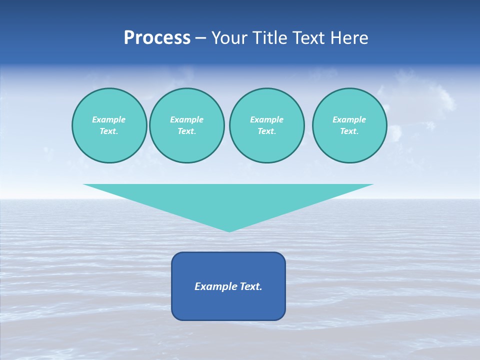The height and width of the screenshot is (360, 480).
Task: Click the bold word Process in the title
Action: (x=157, y=38)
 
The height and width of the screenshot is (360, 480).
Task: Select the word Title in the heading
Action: (x=270, y=38)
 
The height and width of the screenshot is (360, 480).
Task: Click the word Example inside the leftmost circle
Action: (x=109, y=119)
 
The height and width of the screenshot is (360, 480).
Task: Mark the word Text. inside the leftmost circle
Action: (x=109, y=131)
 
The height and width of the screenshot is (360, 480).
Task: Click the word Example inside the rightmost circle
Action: (x=349, y=119)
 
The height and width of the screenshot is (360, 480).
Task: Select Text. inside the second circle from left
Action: (x=186, y=131)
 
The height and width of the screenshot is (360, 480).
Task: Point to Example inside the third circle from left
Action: (x=266, y=119)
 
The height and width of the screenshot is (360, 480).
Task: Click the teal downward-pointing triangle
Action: (x=228, y=200)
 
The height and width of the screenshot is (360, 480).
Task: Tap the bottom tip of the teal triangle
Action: (x=229, y=230)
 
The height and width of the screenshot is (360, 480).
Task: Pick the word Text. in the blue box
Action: (x=251, y=286)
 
